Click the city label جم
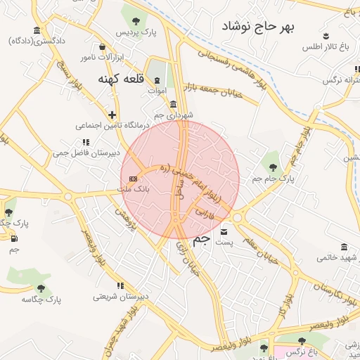click(x=201, y=240)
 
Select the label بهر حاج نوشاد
click(x=258, y=27)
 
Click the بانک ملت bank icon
click(x=133, y=179)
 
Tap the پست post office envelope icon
click(x=224, y=232)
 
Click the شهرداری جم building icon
click(x=173, y=104)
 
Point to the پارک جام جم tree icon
click(x=273, y=167)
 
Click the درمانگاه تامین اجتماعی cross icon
click(x=112, y=115)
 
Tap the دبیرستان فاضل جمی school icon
click(x=86, y=142)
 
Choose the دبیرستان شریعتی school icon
click(x=120, y=285)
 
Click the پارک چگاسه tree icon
click(x=41, y=288)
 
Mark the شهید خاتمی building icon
click(x=344, y=247)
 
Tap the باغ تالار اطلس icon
click(x=326, y=36)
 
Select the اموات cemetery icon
click(x=157, y=81)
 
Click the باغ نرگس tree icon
click(x=302, y=341)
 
